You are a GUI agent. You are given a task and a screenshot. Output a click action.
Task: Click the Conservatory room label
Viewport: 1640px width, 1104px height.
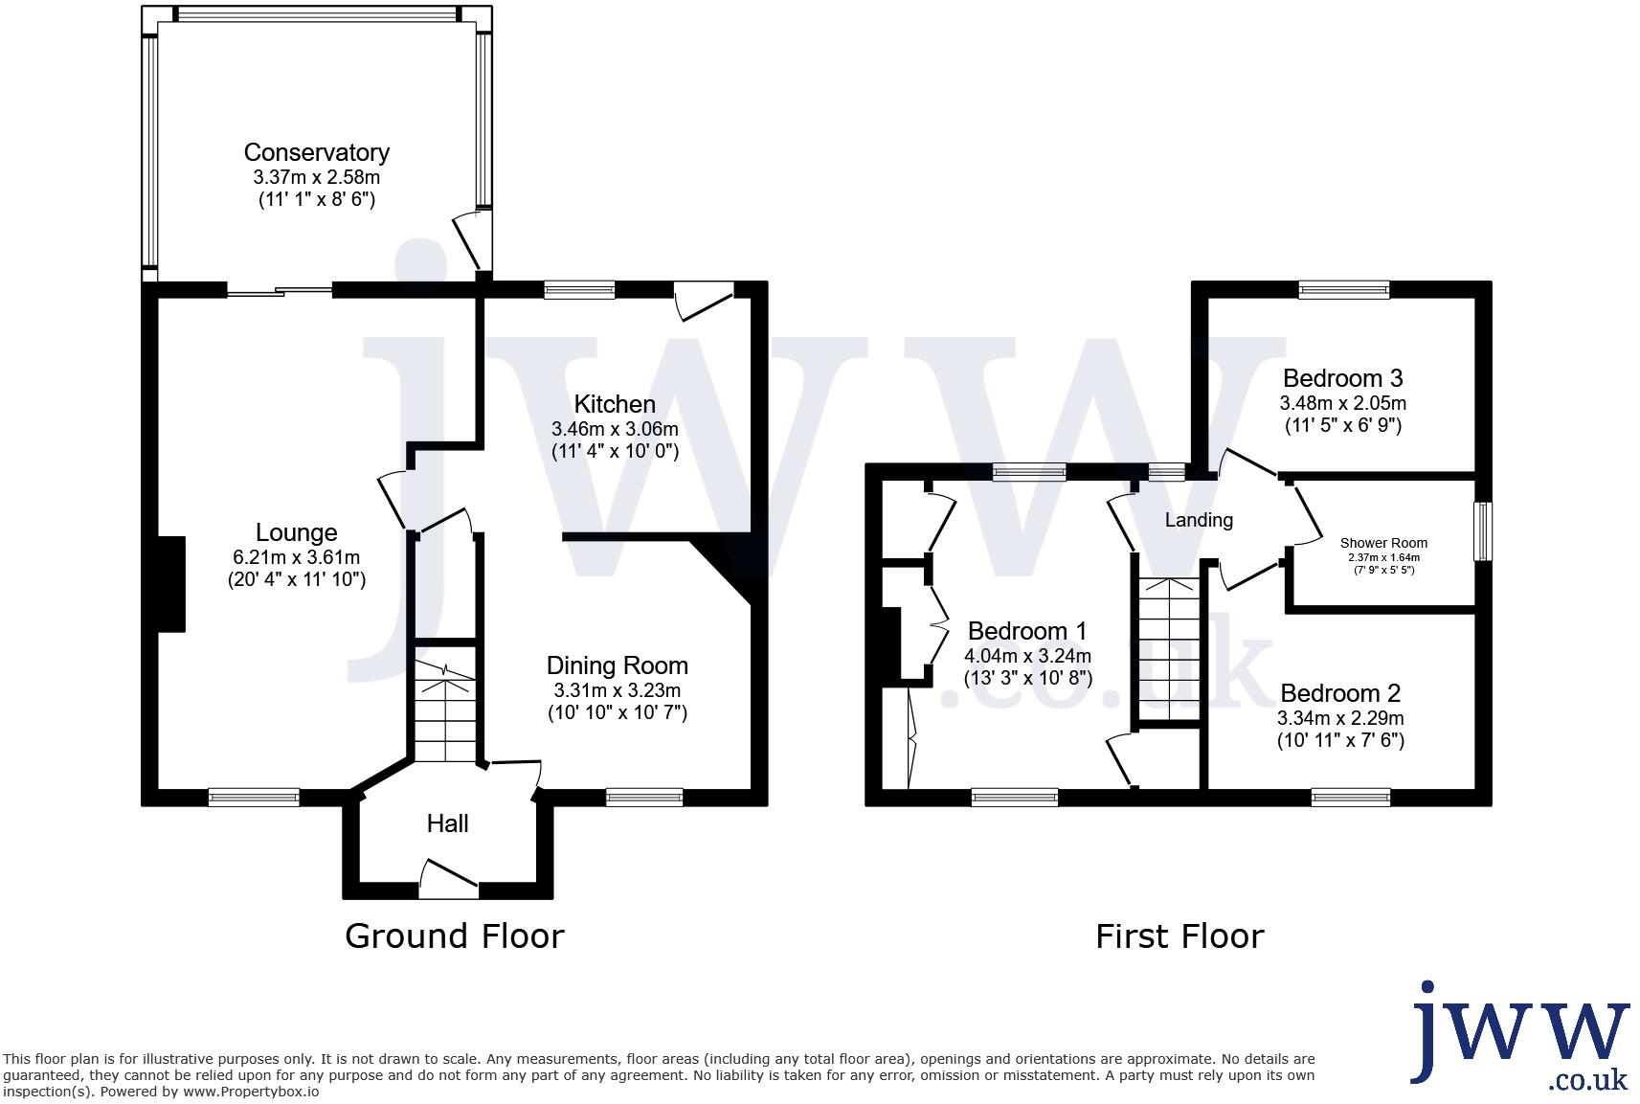[316, 152]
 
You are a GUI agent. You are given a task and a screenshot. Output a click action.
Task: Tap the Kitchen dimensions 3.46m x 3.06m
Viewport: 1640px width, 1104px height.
[615, 429]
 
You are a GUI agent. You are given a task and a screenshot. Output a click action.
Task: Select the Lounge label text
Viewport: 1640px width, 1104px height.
[296, 532]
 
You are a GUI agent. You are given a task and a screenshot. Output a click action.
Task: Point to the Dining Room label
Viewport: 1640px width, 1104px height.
[617, 665]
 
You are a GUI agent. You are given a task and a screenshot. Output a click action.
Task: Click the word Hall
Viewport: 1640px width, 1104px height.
[447, 823]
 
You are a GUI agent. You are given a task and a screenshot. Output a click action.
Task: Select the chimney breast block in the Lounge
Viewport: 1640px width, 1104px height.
[170, 584]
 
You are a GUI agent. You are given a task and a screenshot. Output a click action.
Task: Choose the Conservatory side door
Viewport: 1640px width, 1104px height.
[472, 239]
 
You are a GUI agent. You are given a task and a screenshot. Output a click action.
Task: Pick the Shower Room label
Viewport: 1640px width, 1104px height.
[1383, 543]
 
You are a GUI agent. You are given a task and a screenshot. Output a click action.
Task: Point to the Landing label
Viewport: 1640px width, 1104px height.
[1198, 520]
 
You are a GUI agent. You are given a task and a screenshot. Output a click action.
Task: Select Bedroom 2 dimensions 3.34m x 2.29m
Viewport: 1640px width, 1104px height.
[1340, 718]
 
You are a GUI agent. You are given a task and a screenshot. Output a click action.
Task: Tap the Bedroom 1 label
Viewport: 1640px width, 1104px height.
[1026, 631]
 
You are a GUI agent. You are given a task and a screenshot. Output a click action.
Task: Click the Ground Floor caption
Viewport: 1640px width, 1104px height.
[454, 935]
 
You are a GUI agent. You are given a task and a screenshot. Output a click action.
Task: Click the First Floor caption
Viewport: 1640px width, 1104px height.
[1179, 935]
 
